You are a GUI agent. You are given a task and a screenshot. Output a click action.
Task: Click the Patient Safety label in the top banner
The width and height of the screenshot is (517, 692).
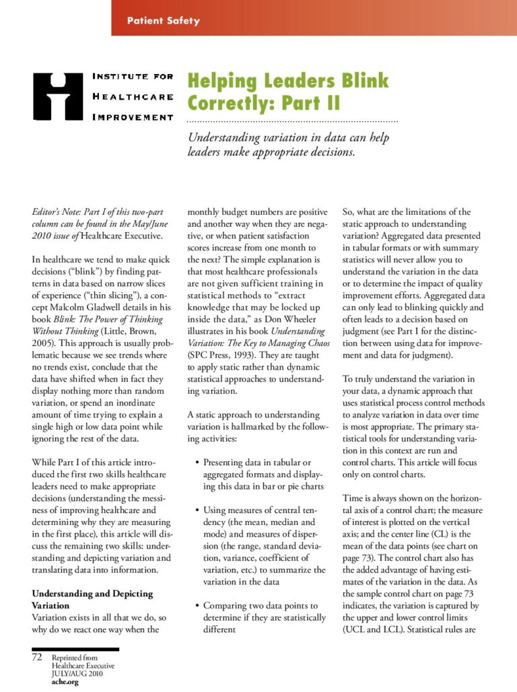tap(164, 21)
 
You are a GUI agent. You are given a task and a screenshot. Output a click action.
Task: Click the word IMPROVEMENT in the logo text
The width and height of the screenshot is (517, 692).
tap(133, 117)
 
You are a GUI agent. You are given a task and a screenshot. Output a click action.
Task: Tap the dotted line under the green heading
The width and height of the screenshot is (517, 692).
tap(292, 121)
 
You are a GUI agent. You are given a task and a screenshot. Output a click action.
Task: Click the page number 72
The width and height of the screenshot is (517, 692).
tap(38, 656)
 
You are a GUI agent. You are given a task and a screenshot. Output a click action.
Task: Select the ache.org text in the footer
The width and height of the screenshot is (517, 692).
tap(65, 682)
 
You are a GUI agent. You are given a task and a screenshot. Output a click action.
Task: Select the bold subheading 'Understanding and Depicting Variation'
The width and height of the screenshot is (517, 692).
tap(92, 600)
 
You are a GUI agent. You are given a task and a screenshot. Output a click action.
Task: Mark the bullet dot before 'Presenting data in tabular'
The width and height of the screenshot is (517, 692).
tap(196, 462)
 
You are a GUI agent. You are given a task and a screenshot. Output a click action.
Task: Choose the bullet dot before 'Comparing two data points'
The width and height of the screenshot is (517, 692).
tap(196, 606)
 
